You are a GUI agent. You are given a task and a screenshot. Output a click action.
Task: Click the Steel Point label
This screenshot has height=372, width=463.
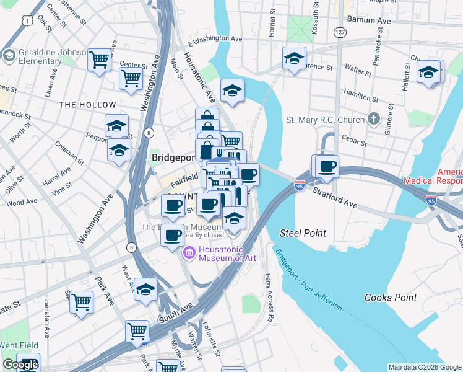pyautogui.click(x=303, y=233)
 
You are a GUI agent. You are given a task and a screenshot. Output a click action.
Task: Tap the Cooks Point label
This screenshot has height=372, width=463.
pyautogui.click(x=390, y=298)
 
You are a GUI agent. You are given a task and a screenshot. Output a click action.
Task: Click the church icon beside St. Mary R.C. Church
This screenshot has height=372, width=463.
pyautogui.click(x=373, y=118)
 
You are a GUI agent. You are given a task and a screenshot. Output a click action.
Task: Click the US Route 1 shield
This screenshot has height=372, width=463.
pyautogui.click(x=27, y=21)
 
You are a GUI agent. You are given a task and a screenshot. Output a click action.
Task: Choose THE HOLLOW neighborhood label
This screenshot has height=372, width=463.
pyautogui.click(x=87, y=105)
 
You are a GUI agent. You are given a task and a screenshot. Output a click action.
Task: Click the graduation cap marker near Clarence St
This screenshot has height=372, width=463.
pyautogui.click(x=294, y=59)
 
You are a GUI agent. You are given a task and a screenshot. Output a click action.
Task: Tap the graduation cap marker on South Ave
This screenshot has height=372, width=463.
pyautogui.click(x=145, y=290)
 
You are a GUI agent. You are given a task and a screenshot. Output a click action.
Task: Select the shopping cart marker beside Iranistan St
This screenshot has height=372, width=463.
pyautogui.click(x=81, y=303)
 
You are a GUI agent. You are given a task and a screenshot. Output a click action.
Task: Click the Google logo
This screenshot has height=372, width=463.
pyautogui.click(x=20, y=365)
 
